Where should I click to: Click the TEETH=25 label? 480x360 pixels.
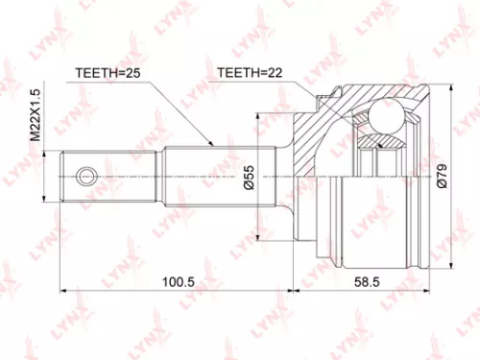[108, 71]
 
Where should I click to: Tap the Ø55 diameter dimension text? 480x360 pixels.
[248, 175]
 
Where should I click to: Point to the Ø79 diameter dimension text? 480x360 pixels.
[441, 176]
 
